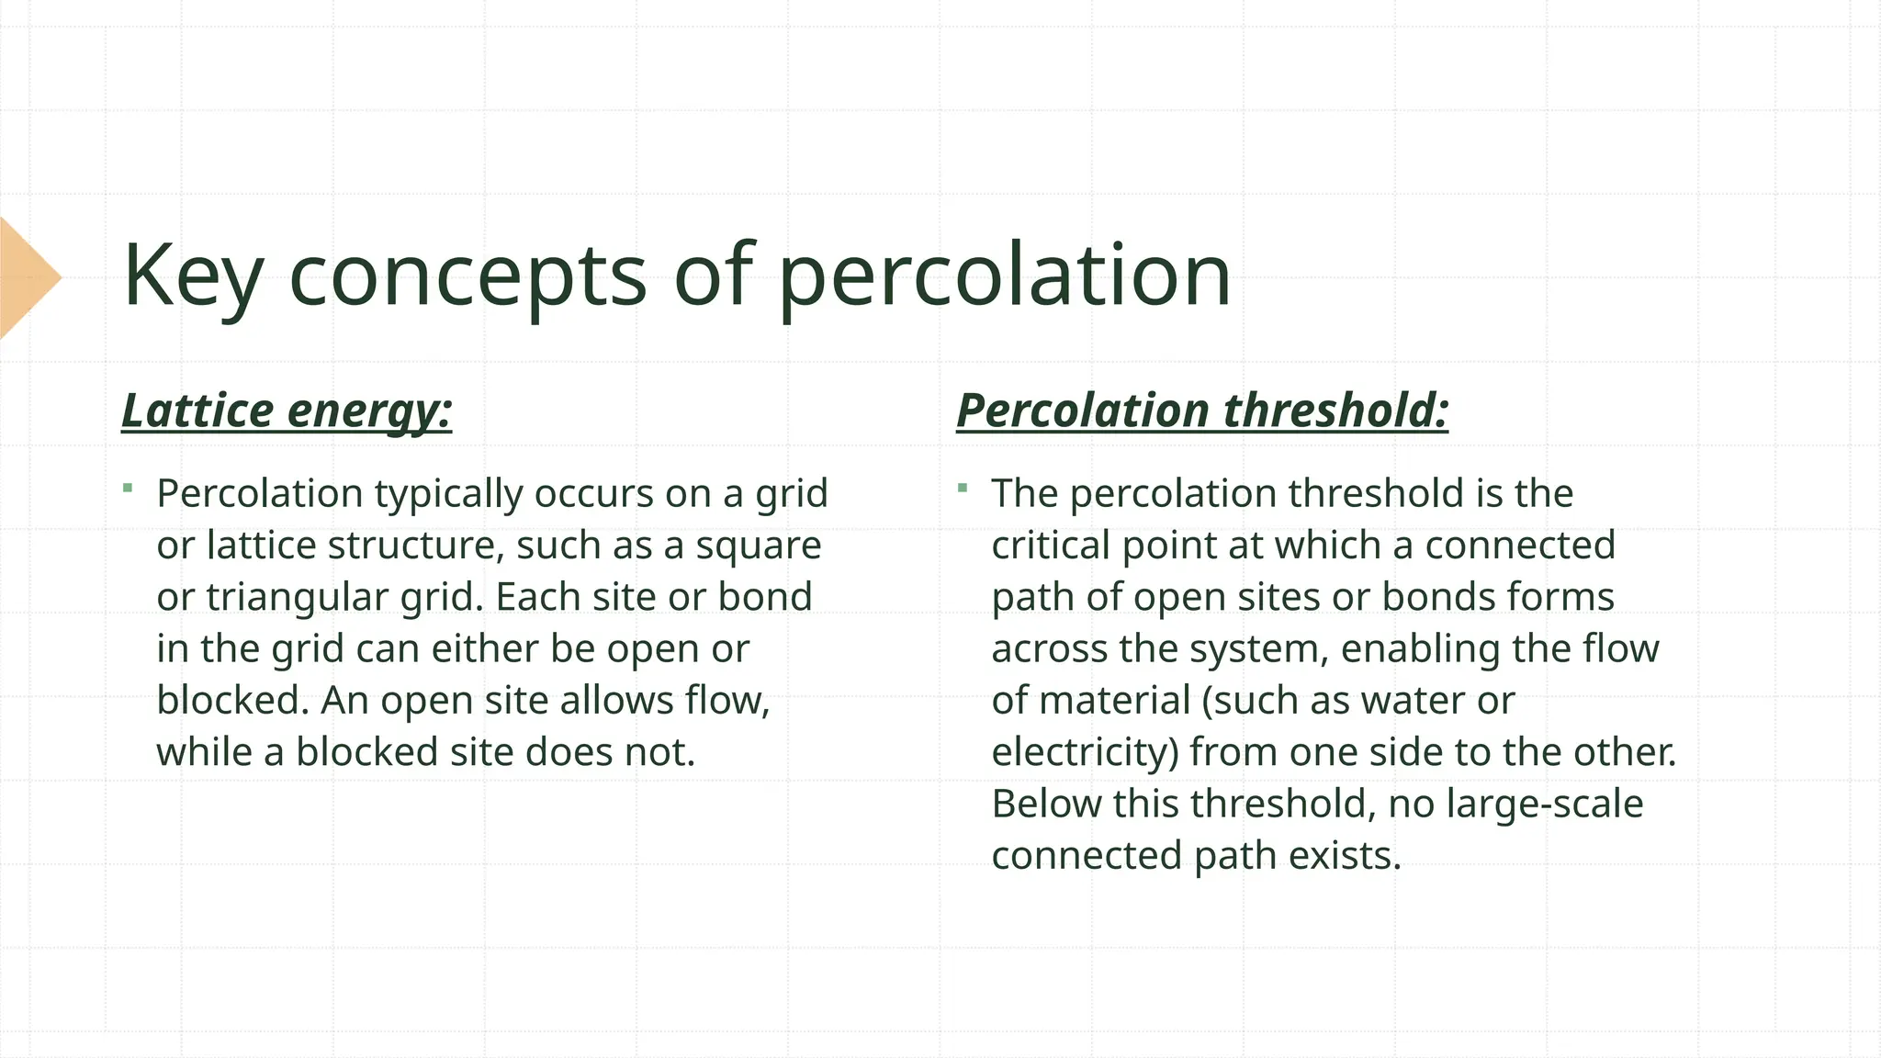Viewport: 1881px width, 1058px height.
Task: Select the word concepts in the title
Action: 467,276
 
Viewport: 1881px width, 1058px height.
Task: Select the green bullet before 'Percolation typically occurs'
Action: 128,488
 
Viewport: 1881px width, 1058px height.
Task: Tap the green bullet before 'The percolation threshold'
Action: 962,488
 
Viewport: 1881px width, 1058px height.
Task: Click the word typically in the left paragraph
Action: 449,494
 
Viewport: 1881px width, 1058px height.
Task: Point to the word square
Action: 759,546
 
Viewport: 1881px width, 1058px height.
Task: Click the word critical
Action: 1052,546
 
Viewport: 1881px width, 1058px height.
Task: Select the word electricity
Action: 1085,753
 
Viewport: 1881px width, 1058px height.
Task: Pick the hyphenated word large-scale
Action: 1544,805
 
